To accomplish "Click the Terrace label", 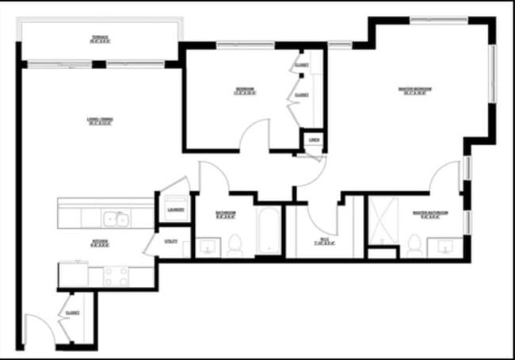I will (100, 39).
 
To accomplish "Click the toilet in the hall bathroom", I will (235, 246).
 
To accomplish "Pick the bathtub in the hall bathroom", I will (268, 232).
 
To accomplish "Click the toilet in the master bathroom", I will (413, 245).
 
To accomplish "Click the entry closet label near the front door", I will (73, 312).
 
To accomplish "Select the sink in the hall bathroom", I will (208, 247).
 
